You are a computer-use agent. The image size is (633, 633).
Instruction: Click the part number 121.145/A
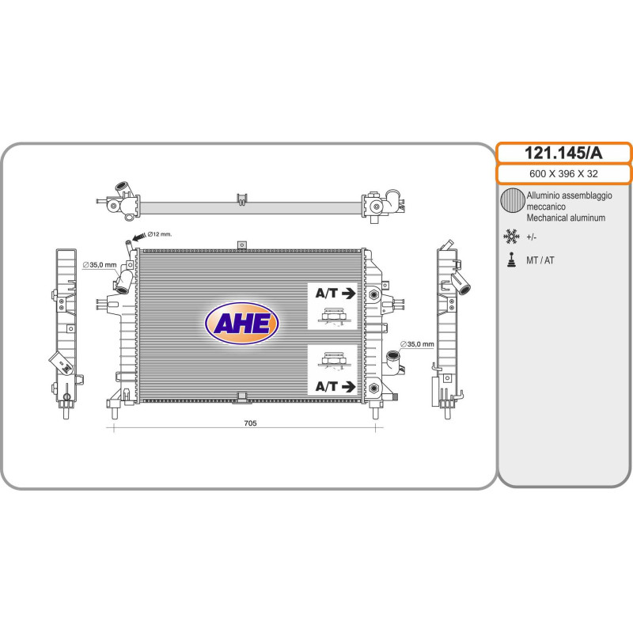pos(563,154)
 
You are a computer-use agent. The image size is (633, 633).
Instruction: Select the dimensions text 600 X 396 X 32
pos(563,174)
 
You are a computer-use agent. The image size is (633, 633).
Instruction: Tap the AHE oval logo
pos(241,323)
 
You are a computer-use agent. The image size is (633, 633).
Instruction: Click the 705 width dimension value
pos(250,423)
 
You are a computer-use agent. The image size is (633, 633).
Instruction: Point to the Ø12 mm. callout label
pos(160,234)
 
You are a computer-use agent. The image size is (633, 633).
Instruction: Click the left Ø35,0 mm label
pos(100,265)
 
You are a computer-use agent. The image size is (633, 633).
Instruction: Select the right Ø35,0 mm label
pos(417,344)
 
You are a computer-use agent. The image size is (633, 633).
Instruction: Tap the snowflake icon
pos(511,237)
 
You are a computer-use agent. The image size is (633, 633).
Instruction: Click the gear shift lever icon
pos(511,260)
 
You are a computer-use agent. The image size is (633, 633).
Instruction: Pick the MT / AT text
pos(540,260)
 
